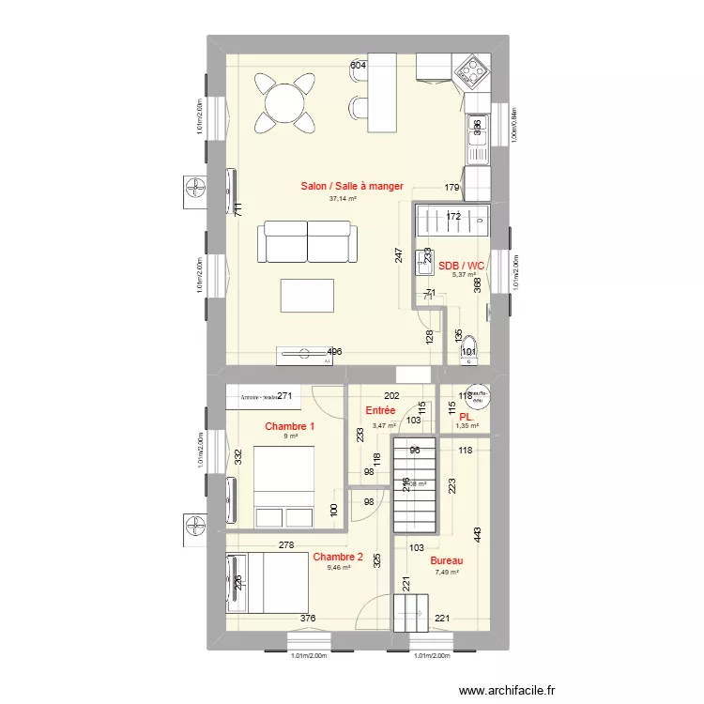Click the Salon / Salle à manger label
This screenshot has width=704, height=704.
pyautogui.click(x=352, y=187)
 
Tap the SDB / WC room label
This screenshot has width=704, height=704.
pyautogui.click(x=461, y=266)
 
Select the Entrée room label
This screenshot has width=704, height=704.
pyautogui.click(x=379, y=411)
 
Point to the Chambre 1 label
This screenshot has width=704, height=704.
pyautogui.click(x=289, y=426)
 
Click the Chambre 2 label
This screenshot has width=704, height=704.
pyautogui.click(x=338, y=556)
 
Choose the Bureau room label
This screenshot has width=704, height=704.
pyautogui.click(x=446, y=560)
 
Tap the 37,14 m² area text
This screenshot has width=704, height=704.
pyautogui.click(x=343, y=199)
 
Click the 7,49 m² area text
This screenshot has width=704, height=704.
pyautogui.click(x=445, y=573)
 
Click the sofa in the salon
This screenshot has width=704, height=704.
pyautogui.click(x=308, y=241)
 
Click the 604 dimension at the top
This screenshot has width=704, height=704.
pyautogui.click(x=358, y=66)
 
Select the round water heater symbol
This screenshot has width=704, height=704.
pyautogui.click(x=478, y=397)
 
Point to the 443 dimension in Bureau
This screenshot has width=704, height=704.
pyautogui.click(x=477, y=534)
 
